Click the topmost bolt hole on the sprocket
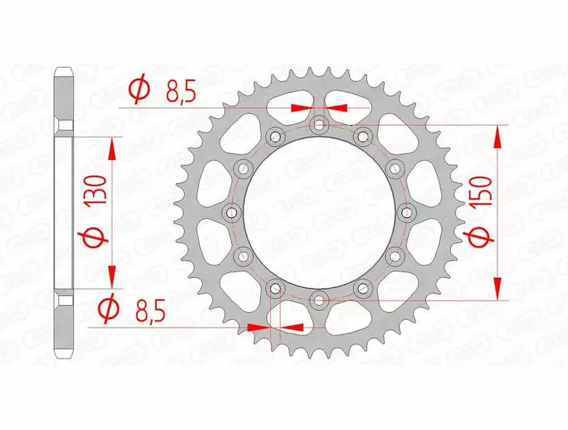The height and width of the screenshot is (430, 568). [319, 124]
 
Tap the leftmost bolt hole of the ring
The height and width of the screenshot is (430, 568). [231, 211]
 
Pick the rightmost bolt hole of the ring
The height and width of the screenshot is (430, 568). [407, 211]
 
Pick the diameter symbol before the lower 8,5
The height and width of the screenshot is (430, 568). [109, 310]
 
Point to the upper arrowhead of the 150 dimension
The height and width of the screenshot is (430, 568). [497, 135]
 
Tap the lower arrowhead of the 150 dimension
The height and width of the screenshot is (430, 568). [497, 288]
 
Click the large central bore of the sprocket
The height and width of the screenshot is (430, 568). [319, 211]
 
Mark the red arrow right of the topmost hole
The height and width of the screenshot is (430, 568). [335, 108]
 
